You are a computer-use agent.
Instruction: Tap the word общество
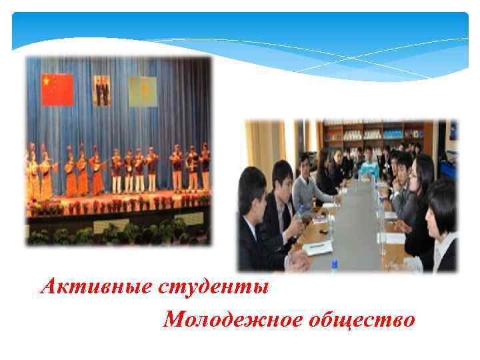click(x=361, y=320)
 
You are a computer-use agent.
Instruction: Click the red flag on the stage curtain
click(x=57, y=90)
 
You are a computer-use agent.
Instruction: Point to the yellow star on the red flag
click(x=46, y=81)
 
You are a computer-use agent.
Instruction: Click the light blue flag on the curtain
click(x=143, y=91)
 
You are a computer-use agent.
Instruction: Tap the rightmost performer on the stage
click(x=205, y=167)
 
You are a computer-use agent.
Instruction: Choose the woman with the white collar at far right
click(x=443, y=230)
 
